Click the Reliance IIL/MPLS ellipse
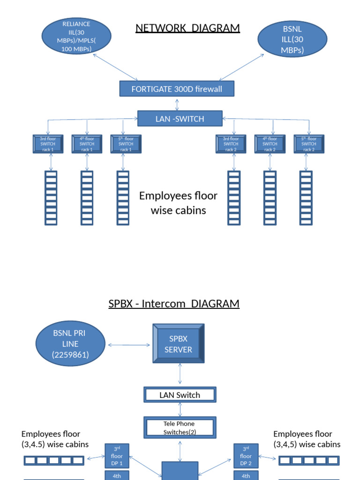(x=76, y=36)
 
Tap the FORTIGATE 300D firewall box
(x=177, y=89)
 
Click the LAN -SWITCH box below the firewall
(x=180, y=119)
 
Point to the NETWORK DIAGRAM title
(x=187, y=28)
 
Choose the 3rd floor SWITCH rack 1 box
(x=48, y=144)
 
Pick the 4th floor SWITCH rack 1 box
(x=87, y=144)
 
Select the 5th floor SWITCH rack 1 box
(x=126, y=144)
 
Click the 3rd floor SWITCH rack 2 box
(x=231, y=144)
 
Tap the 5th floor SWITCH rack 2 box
(x=309, y=144)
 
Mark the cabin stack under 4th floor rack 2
(x=270, y=197)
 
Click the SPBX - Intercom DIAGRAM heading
(x=174, y=304)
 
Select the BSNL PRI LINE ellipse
(x=70, y=344)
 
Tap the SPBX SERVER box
(x=179, y=344)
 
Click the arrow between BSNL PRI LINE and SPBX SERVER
(x=129, y=345)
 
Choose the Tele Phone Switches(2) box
(x=179, y=427)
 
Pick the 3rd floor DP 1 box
(x=117, y=456)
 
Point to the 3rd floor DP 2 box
(x=246, y=456)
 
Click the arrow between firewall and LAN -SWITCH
(x=177, y=104)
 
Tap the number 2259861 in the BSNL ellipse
(x=70, y=355)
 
